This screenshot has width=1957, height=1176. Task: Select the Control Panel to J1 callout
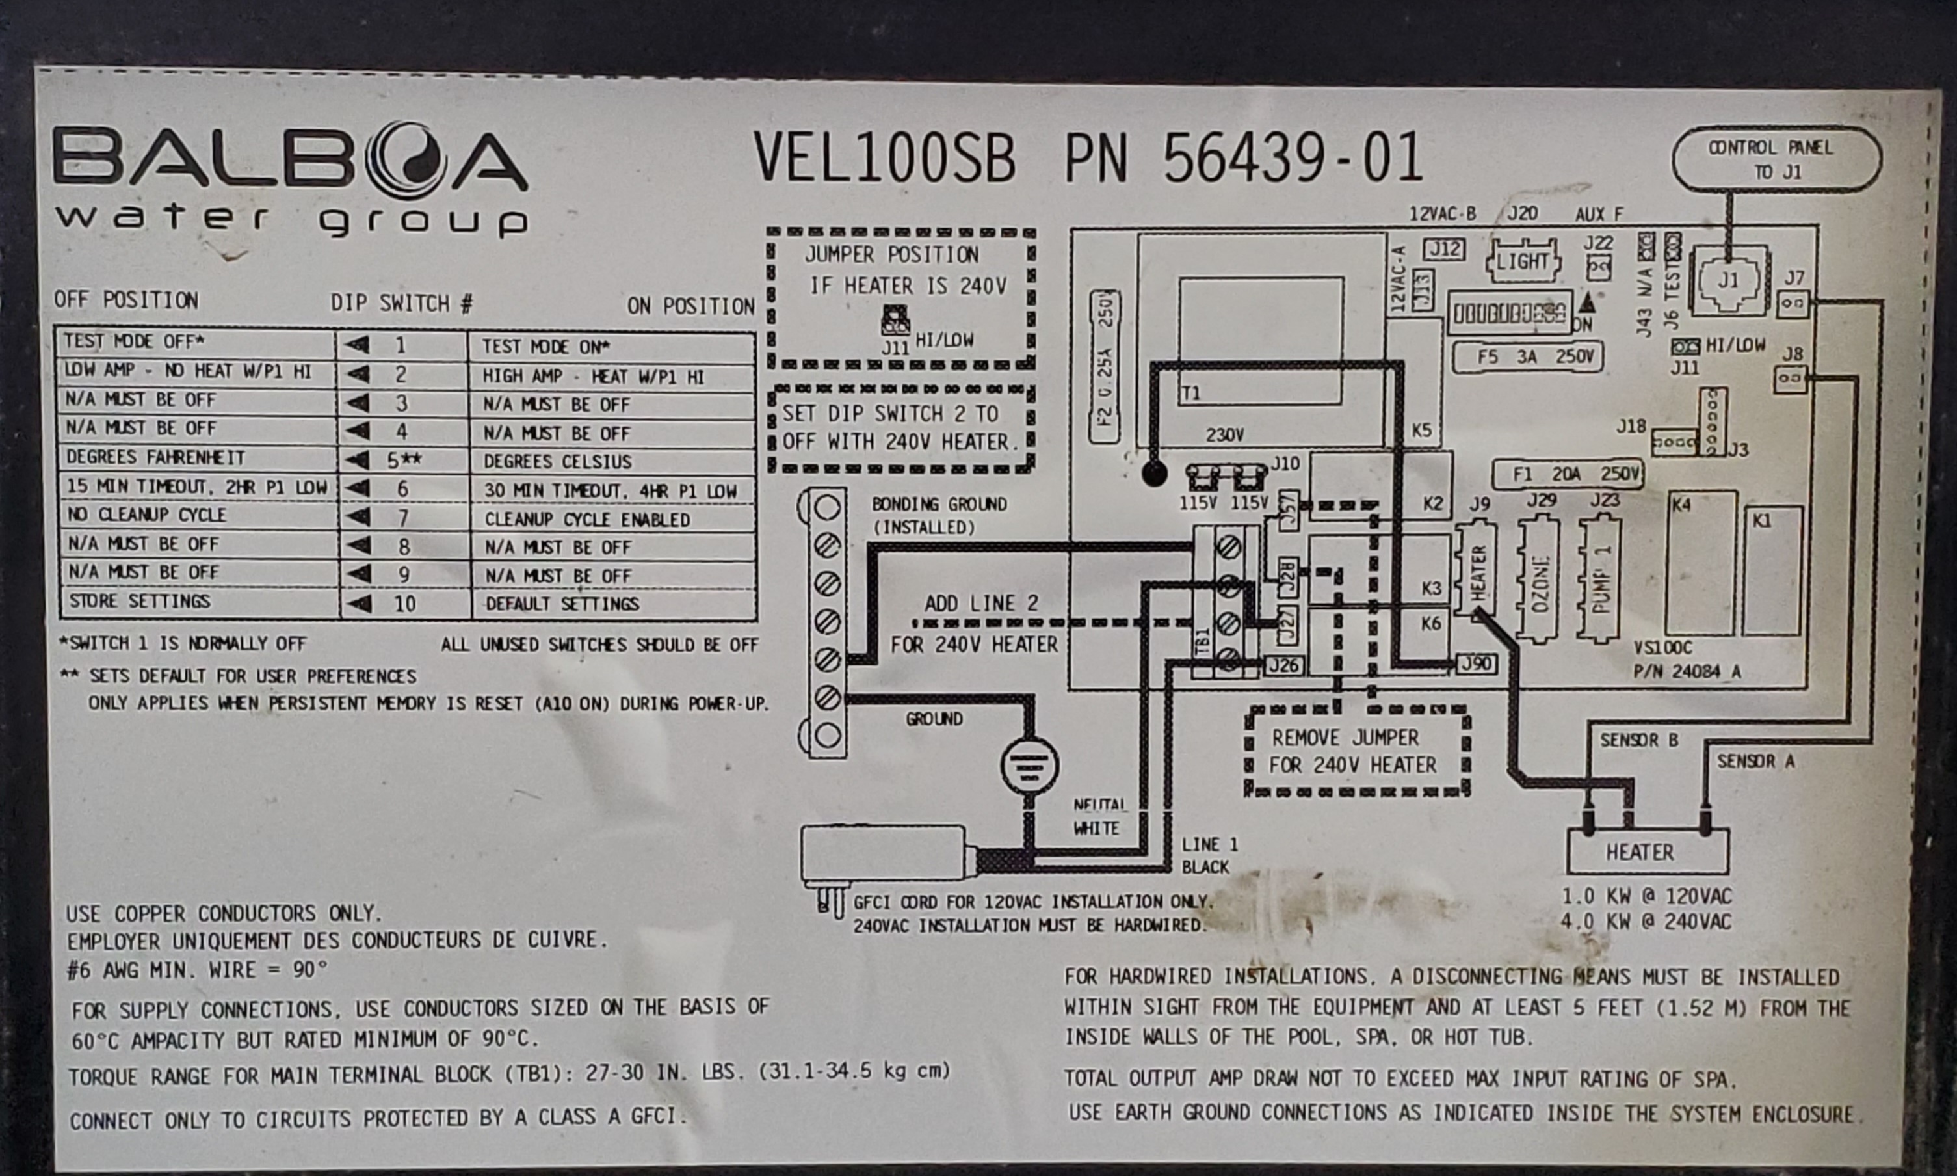[1776, 159]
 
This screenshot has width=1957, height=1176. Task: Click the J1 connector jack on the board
[1728, 280]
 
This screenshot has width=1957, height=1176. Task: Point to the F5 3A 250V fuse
[1527, 357]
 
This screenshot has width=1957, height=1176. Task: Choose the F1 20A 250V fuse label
[1566, 474]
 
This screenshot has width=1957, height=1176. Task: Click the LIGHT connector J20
[1523, 261]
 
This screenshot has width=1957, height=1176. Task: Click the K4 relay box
[1701, 563]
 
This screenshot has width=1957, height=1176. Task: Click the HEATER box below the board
[1648, 852]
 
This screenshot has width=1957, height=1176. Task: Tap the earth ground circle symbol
[1029, 766]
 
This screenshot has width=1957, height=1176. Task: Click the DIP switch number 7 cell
[403, 518]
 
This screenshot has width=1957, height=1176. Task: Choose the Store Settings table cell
[198, 602]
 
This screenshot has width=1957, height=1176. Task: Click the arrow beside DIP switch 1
[358, 345]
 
